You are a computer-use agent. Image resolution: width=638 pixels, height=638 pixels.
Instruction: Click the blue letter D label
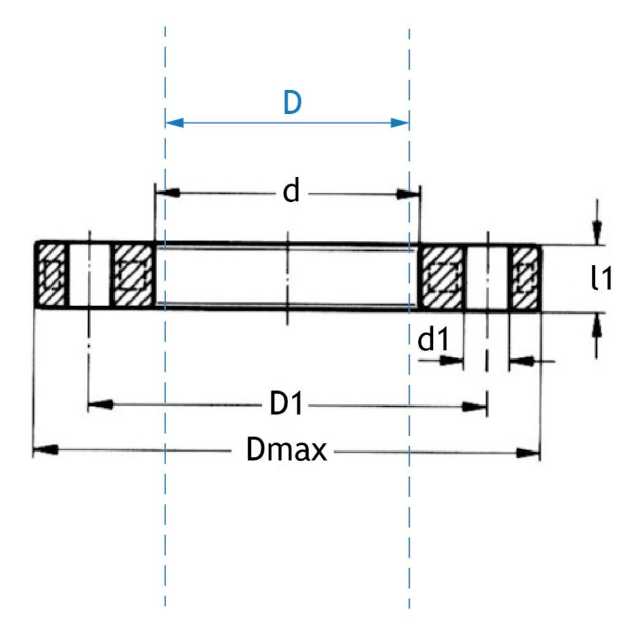tap(293, 103)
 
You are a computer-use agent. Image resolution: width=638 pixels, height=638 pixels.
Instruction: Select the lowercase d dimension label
tap(292, 192)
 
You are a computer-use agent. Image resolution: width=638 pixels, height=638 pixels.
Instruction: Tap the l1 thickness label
tap(601, 279)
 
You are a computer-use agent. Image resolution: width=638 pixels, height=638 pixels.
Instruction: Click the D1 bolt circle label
tap(287, 405)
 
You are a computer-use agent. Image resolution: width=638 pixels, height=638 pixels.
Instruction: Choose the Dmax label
tap(287, 451)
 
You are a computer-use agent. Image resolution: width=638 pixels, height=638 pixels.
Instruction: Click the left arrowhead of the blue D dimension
tap(174, 122)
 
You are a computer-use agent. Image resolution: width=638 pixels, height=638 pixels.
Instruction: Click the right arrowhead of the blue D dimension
tap(400, 122)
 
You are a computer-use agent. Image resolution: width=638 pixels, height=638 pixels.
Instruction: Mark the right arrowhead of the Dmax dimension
tap(529, 453)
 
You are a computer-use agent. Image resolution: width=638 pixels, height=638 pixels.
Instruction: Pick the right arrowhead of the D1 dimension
tap(476, 406)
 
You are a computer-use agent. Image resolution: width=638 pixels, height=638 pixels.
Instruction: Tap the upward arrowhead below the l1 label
tap(597, 326)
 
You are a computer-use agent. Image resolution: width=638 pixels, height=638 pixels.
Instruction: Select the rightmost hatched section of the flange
tap(525, 278)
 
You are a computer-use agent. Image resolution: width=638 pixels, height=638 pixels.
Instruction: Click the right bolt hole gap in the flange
tap(487, 278)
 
